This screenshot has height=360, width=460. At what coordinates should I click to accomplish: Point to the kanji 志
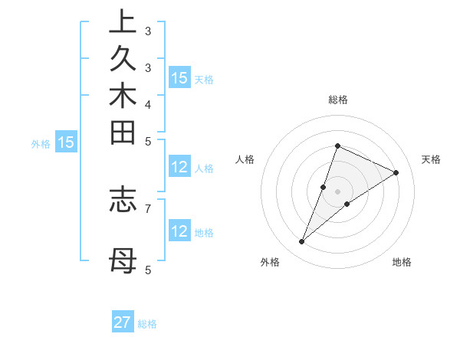coord(122,198)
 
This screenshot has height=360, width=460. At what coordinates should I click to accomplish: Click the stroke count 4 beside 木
coord(148,104)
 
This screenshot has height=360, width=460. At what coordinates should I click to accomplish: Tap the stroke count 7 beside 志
coord(148,207)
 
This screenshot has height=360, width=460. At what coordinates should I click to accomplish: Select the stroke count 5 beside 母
coord(148,270)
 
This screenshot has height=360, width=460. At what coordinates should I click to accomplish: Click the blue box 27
coord(123,322)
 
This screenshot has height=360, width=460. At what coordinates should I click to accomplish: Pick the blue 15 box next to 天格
coord(179,78)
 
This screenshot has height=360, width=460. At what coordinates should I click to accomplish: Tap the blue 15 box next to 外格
coord(67,142)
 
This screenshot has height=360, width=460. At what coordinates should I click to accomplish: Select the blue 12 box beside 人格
coord(179,168)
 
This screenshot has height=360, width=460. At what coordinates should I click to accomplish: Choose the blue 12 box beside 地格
coord(179,231)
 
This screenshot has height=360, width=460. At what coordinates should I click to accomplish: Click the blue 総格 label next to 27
coord(147,324)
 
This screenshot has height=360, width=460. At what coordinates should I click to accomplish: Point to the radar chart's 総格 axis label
coord(337,100)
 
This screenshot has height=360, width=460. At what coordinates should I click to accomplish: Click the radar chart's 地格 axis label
coord(402,262)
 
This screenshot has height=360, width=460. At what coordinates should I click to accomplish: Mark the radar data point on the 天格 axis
coord(396,172)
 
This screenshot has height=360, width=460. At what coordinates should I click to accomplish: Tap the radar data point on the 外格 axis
coord(302,242)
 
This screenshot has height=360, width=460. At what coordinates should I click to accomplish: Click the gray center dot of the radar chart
coord(337,191)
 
